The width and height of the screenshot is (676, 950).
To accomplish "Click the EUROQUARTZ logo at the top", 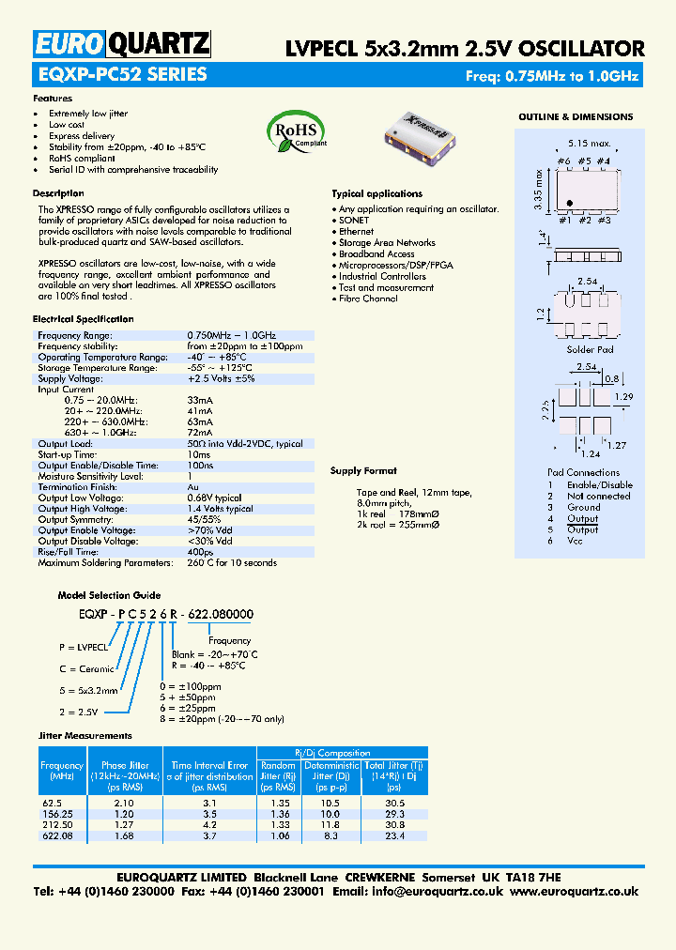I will pos(122,44).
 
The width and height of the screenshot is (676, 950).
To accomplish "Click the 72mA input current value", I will pos(200,433).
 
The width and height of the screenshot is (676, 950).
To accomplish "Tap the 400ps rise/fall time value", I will pos(200,552).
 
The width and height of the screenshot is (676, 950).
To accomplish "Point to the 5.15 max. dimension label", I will pos(589,144).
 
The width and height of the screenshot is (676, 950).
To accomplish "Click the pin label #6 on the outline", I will pos(563,161).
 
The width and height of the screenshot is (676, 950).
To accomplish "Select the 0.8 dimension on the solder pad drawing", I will pos(612,377).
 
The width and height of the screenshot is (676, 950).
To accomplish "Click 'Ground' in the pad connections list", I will pos(583,507).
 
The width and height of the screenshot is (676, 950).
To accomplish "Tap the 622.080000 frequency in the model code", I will pos(221,614).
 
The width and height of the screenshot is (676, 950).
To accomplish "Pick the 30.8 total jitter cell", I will pos(395,824).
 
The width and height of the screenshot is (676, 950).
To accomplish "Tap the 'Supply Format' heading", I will pos(364,470).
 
